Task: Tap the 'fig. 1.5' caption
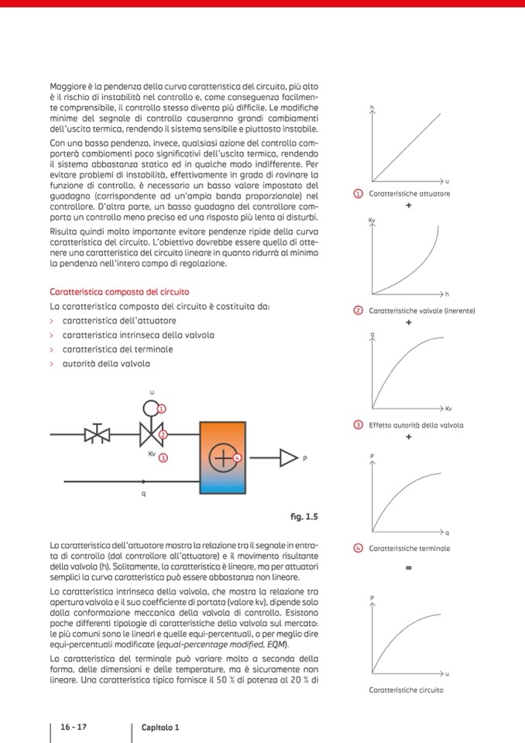(x=304, y=516)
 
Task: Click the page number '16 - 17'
(x=73, y=728)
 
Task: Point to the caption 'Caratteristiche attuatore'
(x=410, y=194)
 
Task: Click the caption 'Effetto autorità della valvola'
(x=416, y=425)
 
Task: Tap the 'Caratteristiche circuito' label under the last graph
(x=407, y=690)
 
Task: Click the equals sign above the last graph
(x=408, y=568)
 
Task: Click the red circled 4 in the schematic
(x=238, y=458)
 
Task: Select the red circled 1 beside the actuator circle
(x=162, y=408)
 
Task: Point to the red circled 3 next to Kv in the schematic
(x=163, y=458)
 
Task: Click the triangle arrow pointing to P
(x=288, y=458)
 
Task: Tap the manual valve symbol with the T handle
(x=97, y=434)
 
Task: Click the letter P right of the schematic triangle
(x=304, y=459)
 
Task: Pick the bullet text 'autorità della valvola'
(x=106, y=363)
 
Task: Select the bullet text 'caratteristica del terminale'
(x=118, y=349)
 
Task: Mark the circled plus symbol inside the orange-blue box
(x=223, y=458)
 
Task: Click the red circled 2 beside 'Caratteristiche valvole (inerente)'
(x=358, y=311)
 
